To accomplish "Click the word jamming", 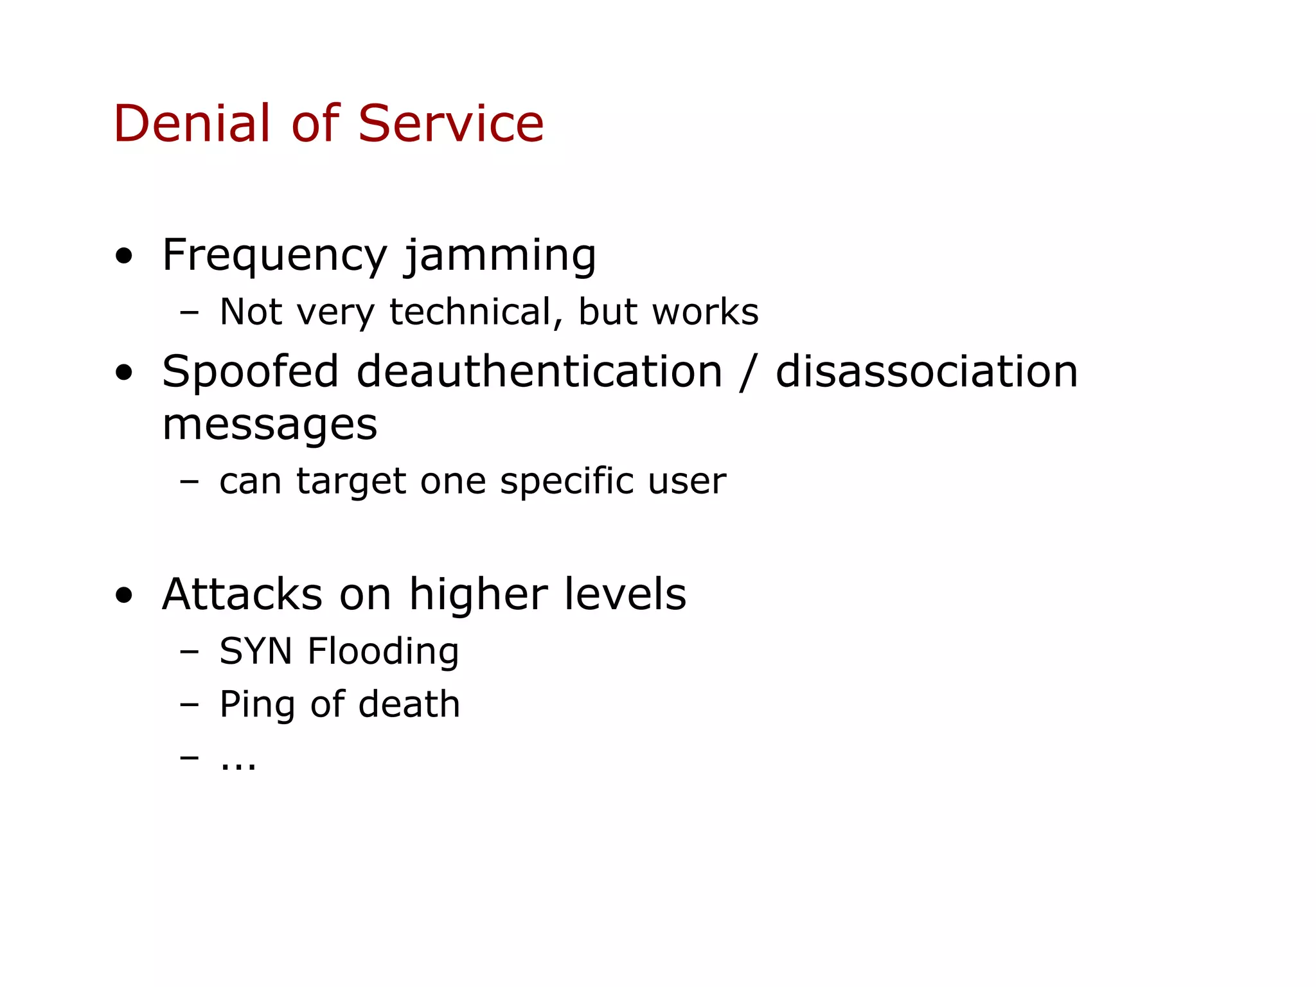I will click(501, 256).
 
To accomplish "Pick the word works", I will click(705, 312).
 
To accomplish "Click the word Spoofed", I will click(250, 372).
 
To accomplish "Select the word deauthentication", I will click(539, 372).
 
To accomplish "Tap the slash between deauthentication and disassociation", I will click(747, 373).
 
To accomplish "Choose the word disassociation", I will click(927, 372).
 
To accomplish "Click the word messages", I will click(269, 425).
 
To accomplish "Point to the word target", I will click(351, 481).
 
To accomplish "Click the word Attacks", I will click(242, 594).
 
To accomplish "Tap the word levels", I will click(625, 594).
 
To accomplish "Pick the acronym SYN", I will click(256, 652).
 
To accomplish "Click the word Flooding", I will click(383, 652).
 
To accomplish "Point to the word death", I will click(409, 704).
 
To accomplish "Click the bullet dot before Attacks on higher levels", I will click(124, 596).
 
